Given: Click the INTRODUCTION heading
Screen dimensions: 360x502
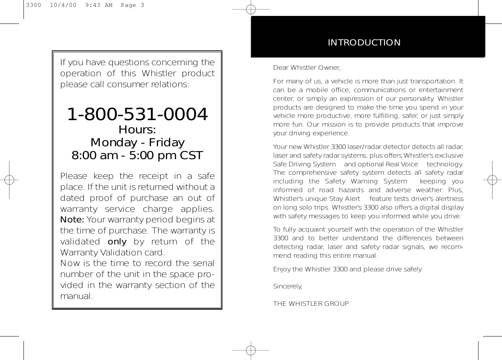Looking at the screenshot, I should click(x=364, y=42).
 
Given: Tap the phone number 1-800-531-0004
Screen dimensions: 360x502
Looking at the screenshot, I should click(x=138, y=114).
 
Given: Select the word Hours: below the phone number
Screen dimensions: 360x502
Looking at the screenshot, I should click(x=137, y=130).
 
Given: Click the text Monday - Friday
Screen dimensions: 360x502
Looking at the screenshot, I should click(x=138, y=142).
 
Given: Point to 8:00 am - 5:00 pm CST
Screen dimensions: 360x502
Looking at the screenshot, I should click(x=138, y=155).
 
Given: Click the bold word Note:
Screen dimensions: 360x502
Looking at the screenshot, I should click(x=72, y=220).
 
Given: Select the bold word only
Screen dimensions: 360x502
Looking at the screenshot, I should click(x=117, y=242).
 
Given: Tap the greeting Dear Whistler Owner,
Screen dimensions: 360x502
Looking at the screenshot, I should click(x=307, y=68).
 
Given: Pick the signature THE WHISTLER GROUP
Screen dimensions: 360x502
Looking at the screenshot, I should click(x=311, y=304).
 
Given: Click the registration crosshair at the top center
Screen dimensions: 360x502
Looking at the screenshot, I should click(x=250, y=9).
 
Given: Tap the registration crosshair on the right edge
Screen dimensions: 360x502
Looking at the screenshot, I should click(x=492, y=180).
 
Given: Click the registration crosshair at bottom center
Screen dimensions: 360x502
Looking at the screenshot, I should click(x=250, y=350).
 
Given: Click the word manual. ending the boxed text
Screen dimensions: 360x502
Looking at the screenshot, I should click(x=77, y=296).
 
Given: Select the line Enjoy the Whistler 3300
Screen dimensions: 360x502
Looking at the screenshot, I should click(x=348, y=269).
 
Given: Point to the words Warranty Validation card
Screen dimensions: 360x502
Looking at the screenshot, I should click(x=113, y=252).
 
